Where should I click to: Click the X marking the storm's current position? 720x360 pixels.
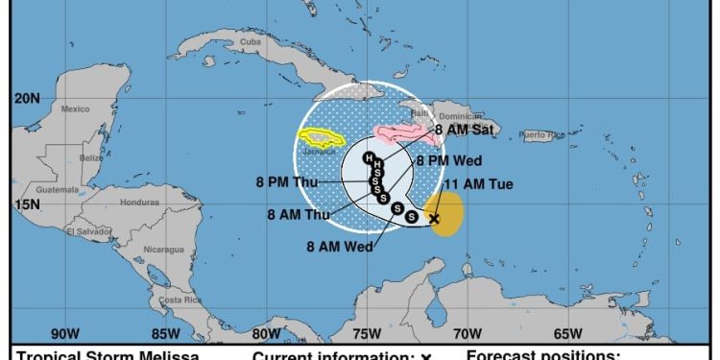pyautogui.click(x=434, y=219)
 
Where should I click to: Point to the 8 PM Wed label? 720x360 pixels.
pyautogui.click(x=448, y=160)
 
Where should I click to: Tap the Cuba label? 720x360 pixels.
pyautogui.click(x=251, y=42)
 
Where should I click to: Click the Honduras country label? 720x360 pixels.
pyautogui.click(x=140, y=203)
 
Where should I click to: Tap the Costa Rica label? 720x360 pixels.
pyautogui.click(x=180, y=300)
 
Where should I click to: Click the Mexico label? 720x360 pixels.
pyautogui.click(x=75, y=108)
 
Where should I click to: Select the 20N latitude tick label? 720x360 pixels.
pyautogui.click(x=27, y=99)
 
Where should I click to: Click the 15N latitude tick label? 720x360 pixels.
pyautogui.click(x=27, y=204)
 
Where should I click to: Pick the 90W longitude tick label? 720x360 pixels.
pyautogui.click(x=64, y=334)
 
